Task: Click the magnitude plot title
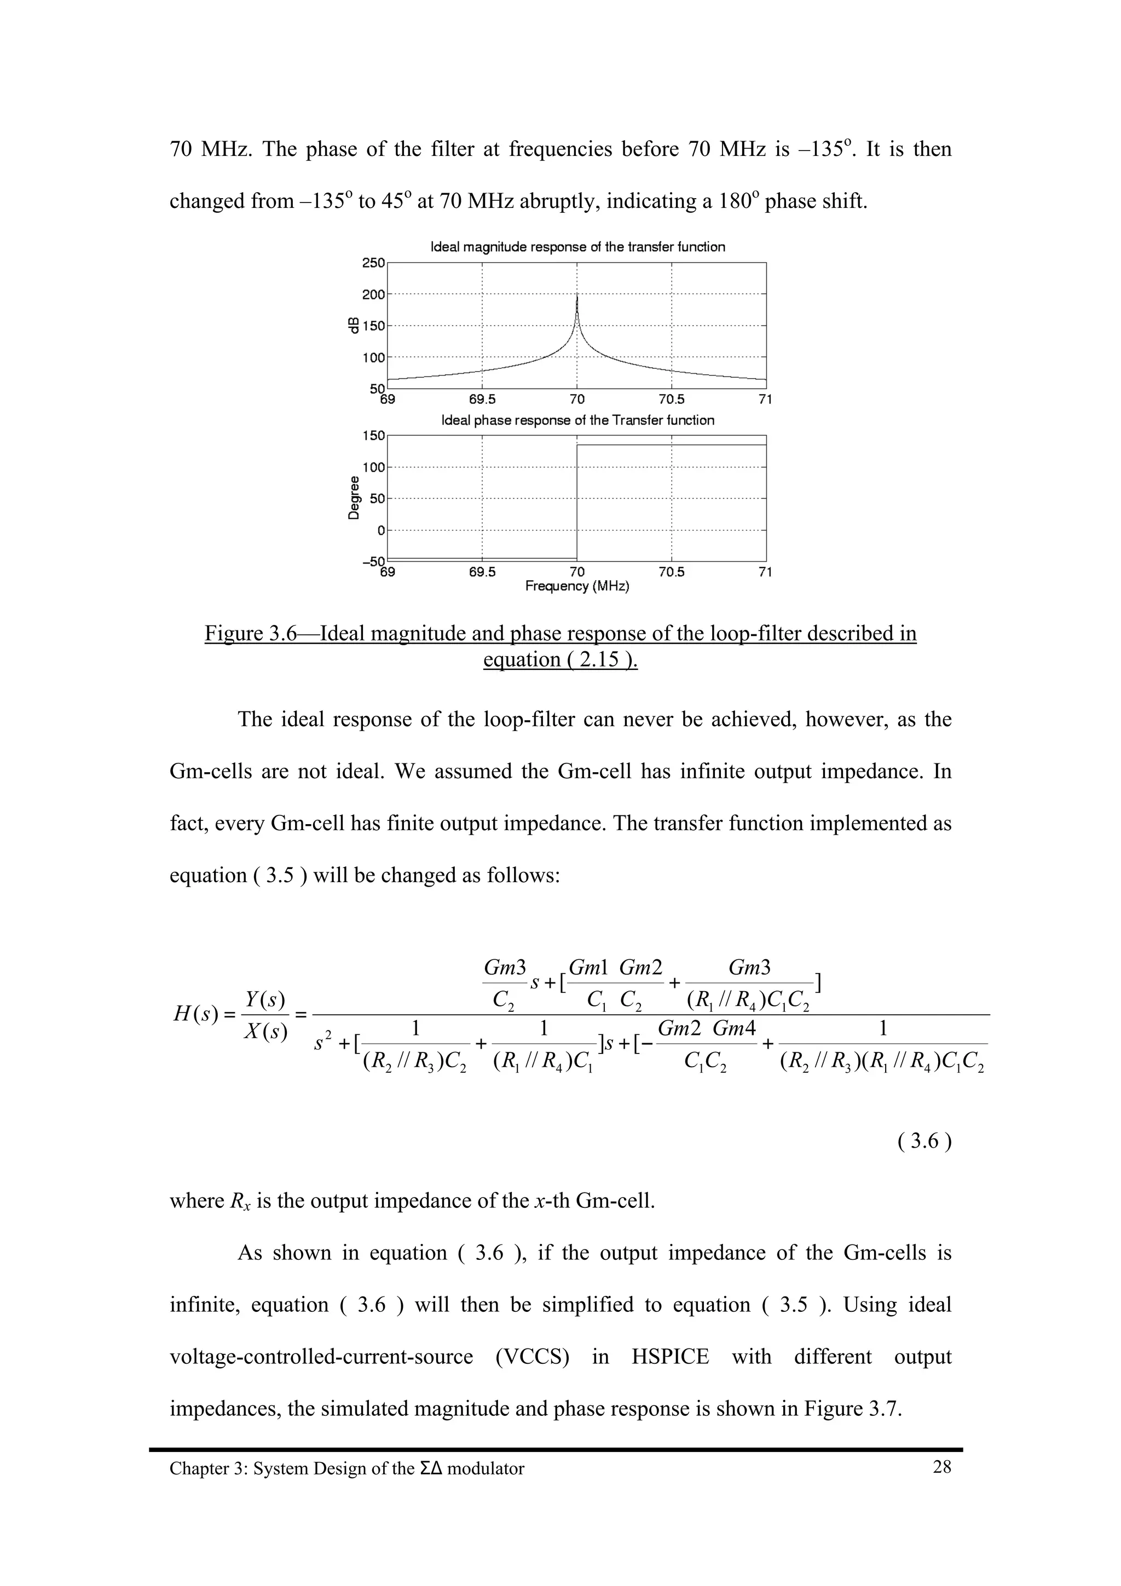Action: (577, 247)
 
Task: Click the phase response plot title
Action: (577, 420)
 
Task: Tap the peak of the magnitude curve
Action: (577, 295)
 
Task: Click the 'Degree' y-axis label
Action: (354, 497)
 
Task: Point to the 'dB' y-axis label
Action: (354, 325)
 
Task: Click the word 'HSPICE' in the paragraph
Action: (670, 1356)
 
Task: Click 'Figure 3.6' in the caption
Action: (250, 633)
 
